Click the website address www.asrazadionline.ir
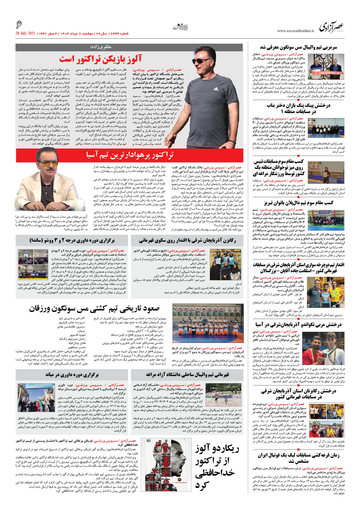296,31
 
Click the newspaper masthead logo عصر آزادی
332,27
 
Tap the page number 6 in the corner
19,25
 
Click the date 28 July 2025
25,33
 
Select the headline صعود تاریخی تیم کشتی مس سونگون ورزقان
94,308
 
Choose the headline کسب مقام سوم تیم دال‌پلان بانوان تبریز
298,203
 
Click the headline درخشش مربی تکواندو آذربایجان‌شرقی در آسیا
298,324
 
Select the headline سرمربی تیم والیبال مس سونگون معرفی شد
298,48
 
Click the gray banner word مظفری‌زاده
100,47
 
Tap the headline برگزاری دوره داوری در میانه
72,375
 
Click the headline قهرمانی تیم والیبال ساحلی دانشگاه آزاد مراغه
187,375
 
